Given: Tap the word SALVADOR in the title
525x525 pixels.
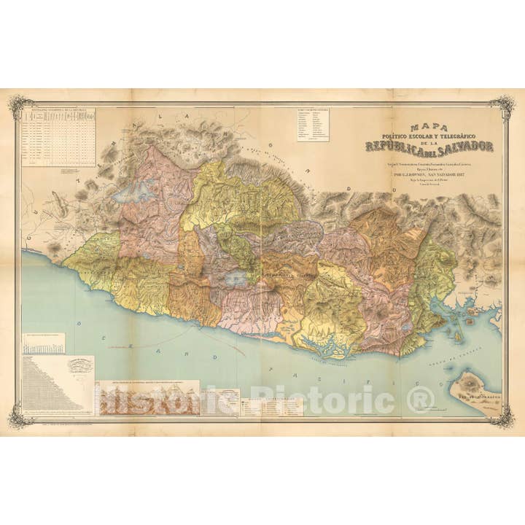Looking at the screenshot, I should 464,147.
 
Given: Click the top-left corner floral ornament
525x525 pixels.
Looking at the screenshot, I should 20,106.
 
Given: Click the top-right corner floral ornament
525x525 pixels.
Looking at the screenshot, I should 502,107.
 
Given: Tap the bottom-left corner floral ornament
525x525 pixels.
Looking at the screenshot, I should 20,416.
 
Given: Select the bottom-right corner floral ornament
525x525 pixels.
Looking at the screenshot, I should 502,415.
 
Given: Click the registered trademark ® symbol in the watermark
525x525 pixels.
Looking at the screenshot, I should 419,399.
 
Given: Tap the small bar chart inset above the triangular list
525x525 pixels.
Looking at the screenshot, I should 44,343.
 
